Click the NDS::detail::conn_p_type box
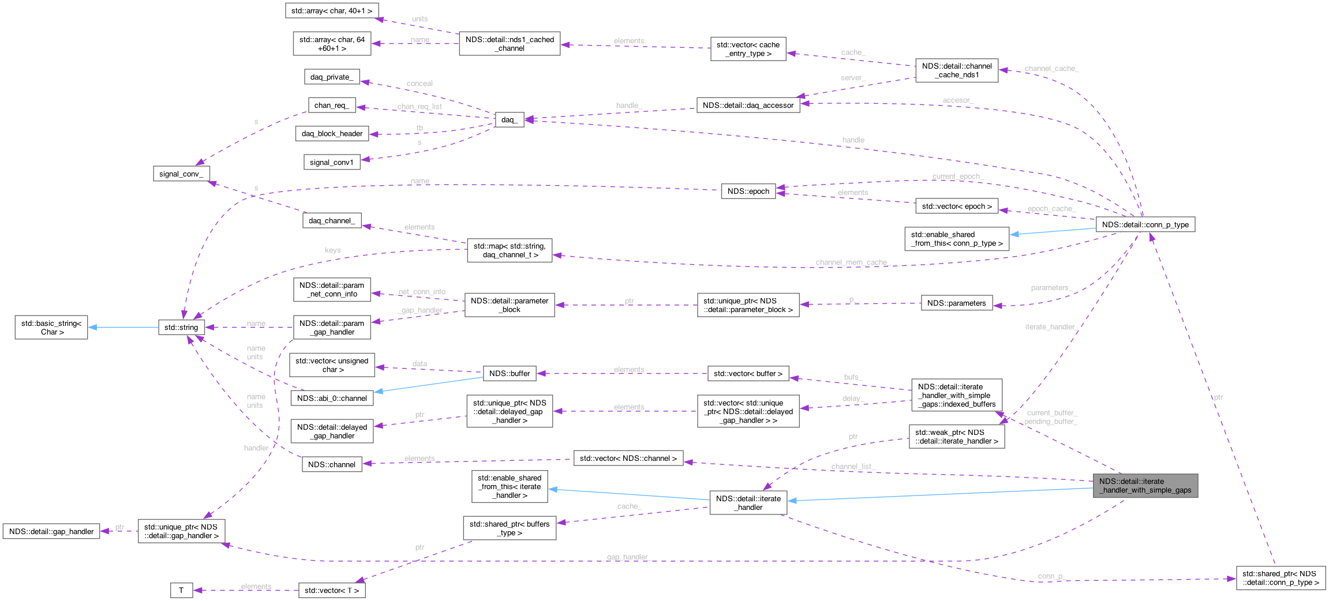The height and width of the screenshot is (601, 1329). tap(1145, 224)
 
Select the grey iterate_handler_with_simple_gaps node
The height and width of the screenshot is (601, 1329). tap(1145, 486)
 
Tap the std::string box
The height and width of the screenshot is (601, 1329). tap(181, 327)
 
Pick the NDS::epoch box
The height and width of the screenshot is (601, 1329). tap(748, 191)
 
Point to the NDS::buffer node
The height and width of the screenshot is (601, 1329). tap(509, 373)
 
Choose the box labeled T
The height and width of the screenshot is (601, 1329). tap(181, 590)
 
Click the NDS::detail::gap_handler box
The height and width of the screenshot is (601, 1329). tap(51, 531)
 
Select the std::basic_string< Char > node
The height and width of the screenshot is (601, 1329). tap(51, 328)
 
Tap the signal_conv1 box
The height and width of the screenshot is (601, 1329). tap(331, 162)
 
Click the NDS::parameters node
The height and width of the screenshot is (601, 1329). tap(956, 303)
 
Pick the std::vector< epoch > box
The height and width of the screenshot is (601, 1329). tap(956, 206)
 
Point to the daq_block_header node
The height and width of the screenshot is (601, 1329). tap(332, 133)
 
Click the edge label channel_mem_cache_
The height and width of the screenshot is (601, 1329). tap(852, 262)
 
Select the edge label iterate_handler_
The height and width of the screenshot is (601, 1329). tap(1050, 327)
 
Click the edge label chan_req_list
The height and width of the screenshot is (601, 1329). tap(420, 107)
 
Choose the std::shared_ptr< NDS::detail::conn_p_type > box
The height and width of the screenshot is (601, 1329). tap(1281, 578)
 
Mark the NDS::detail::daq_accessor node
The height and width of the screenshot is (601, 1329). tap(748, 105)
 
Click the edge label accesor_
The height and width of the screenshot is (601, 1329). tap(958, 100)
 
